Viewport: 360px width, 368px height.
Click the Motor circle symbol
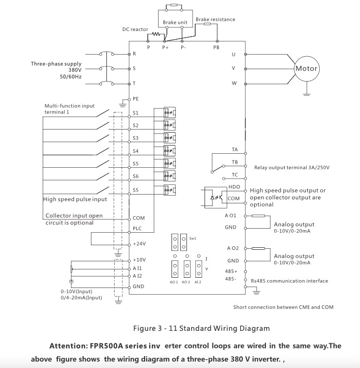coord(306,69)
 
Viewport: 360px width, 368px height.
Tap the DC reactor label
coord(135,29)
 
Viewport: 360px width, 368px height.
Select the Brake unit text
coord(175,23)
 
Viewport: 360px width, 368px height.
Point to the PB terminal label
coord(216,47)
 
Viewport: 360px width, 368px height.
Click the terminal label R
coord(134,54)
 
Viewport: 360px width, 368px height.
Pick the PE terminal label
coord(136,98)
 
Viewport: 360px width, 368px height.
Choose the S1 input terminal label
coord(136,112)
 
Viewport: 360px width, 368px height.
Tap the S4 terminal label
coord(136,151)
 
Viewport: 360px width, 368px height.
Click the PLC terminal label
coord(137,228)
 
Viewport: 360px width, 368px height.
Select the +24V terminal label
coord(138,244)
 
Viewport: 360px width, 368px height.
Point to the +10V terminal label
coord(139,260)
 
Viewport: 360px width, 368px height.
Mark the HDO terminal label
coord(234,187)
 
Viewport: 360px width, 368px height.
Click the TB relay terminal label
coord(234,162)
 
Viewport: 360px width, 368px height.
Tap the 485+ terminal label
coord(231,271)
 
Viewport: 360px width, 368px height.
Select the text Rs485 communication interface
coord(289,281)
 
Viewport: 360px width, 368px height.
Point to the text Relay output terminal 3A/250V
coord(292,167)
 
